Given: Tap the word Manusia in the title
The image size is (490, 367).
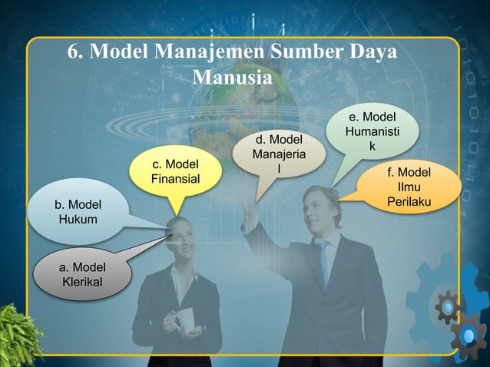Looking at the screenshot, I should (x=231, y=78).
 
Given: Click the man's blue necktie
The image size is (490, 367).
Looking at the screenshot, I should (x=323, y=261).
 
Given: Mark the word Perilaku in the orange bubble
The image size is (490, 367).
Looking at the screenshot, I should (x=409, y=202).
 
